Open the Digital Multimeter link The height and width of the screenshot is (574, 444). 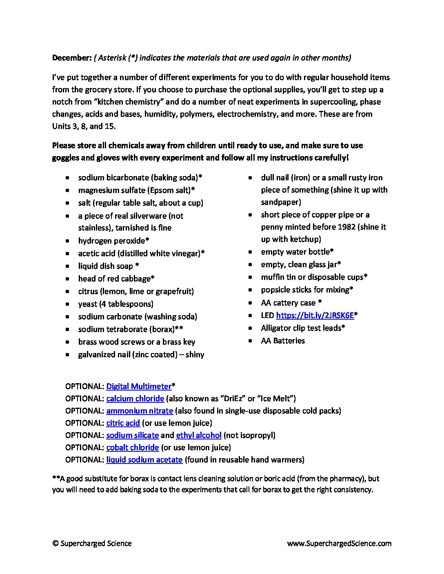pyautogui.click(x=139, y=386)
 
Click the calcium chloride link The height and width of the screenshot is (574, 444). pyautogui.click(x=135, y=398)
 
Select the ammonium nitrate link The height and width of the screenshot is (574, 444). pyautogui.click(x=140, y=411)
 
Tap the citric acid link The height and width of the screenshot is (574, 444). pyautogui.click(x=123, y=423)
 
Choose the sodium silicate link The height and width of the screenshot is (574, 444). pyautogui.click(x=132, y=435)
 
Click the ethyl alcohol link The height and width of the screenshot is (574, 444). pyautogui.click(x=199, y=435)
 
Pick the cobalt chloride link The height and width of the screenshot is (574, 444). pyautogui.click(x=132, y=447)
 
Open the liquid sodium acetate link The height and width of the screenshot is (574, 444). pyautogui.click(x=144, y=459)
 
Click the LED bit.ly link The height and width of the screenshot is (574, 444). pyautogui.click(x=315, y=315)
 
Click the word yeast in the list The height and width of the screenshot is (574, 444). pyautogui.click(x=87, y=304)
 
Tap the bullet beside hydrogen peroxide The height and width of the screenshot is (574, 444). pyautogui.click(x=67, y=241)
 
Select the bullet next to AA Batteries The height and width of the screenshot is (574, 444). pyautogui.click(x=251, y=341)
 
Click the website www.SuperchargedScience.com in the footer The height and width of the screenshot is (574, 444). pyautogui.click(x=339, y=543)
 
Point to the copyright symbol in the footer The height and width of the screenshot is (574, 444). pyautogui.click(x=55, y=543)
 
